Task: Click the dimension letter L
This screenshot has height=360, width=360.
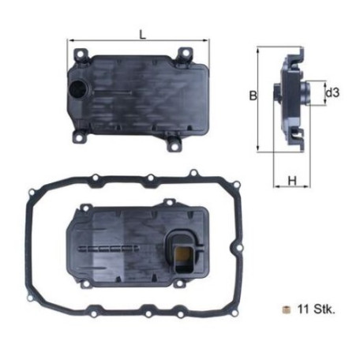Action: [142, 35]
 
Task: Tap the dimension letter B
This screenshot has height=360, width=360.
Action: [253, 96]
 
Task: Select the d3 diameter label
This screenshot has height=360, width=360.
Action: [332, 92]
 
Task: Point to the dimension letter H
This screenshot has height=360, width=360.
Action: [292, 181]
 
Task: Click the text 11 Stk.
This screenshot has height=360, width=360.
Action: [317, 309]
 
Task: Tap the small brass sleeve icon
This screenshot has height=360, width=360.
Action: [286, 309]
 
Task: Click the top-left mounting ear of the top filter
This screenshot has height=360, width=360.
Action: [80, 55]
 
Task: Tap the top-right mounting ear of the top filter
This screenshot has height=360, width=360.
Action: [184, 54]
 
